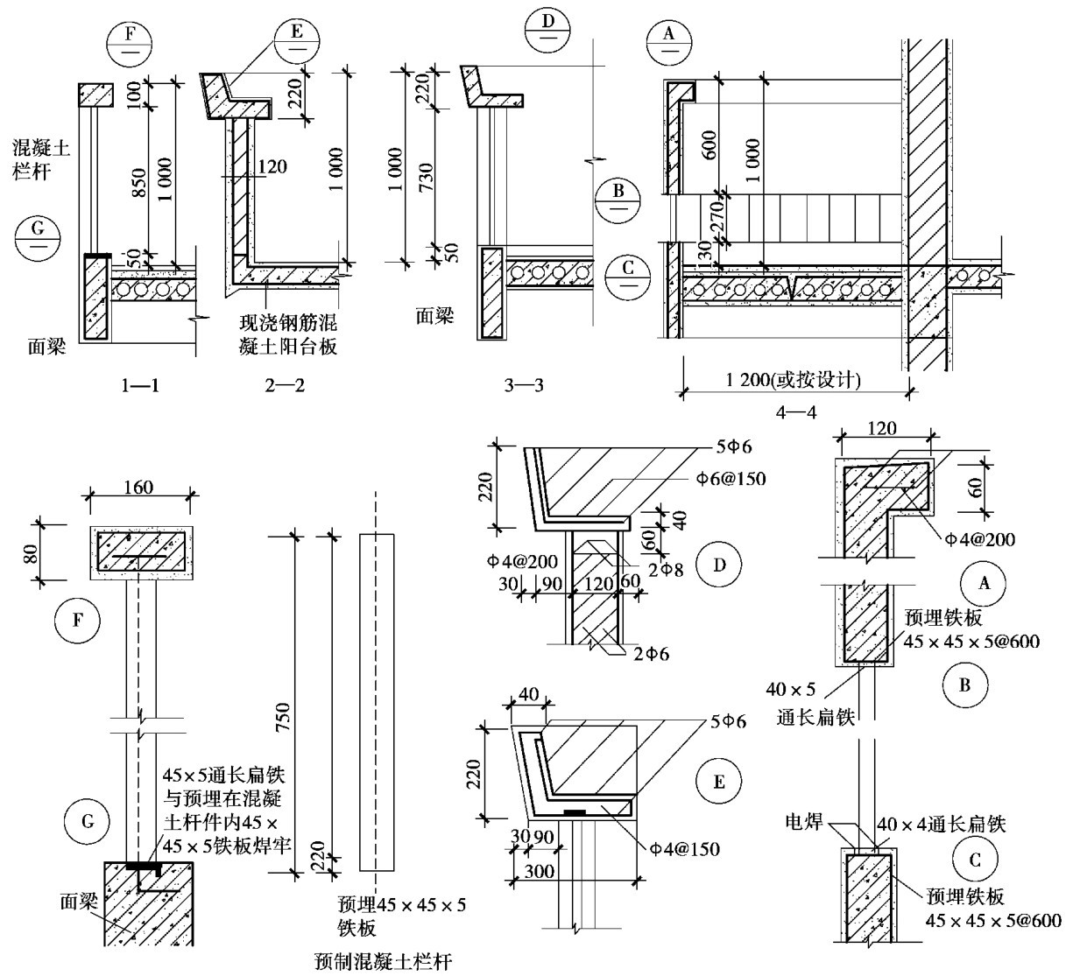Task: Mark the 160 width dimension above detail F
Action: (139, 487)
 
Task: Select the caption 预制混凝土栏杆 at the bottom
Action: (383, 962)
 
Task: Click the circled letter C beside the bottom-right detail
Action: (975, 860)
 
